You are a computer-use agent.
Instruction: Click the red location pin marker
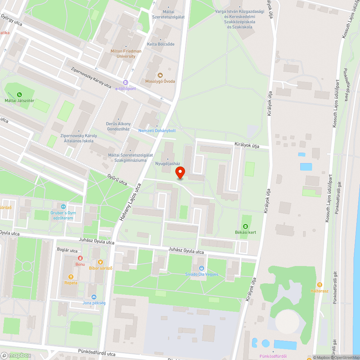(x=180, y=172)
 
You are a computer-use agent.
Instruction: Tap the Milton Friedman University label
(x=126, y=54)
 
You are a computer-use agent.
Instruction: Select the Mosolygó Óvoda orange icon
(x=160, y=75)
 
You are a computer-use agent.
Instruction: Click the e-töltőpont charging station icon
(x=125, y=82)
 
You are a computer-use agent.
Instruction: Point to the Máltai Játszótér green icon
(x=19, y=94)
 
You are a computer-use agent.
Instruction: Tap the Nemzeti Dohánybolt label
(x=157, y=131)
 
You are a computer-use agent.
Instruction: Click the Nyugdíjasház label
(x=167, y=163)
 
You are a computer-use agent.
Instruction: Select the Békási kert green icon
(x=245, y=226)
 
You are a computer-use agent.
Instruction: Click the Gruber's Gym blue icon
(x=63, y=207)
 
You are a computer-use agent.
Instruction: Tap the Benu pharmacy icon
(x=80, y=258)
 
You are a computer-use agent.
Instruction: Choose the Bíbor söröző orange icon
(x=101, y=262)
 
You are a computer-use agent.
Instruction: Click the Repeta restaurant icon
(x=71, y=276)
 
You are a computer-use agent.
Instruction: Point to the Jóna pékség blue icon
(x=94, y=297)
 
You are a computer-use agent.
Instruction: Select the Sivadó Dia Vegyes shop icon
(x=202, y=268)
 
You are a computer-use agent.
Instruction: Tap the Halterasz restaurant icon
(x=320, y=284)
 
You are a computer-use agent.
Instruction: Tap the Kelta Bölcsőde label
(x=161, y=44)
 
